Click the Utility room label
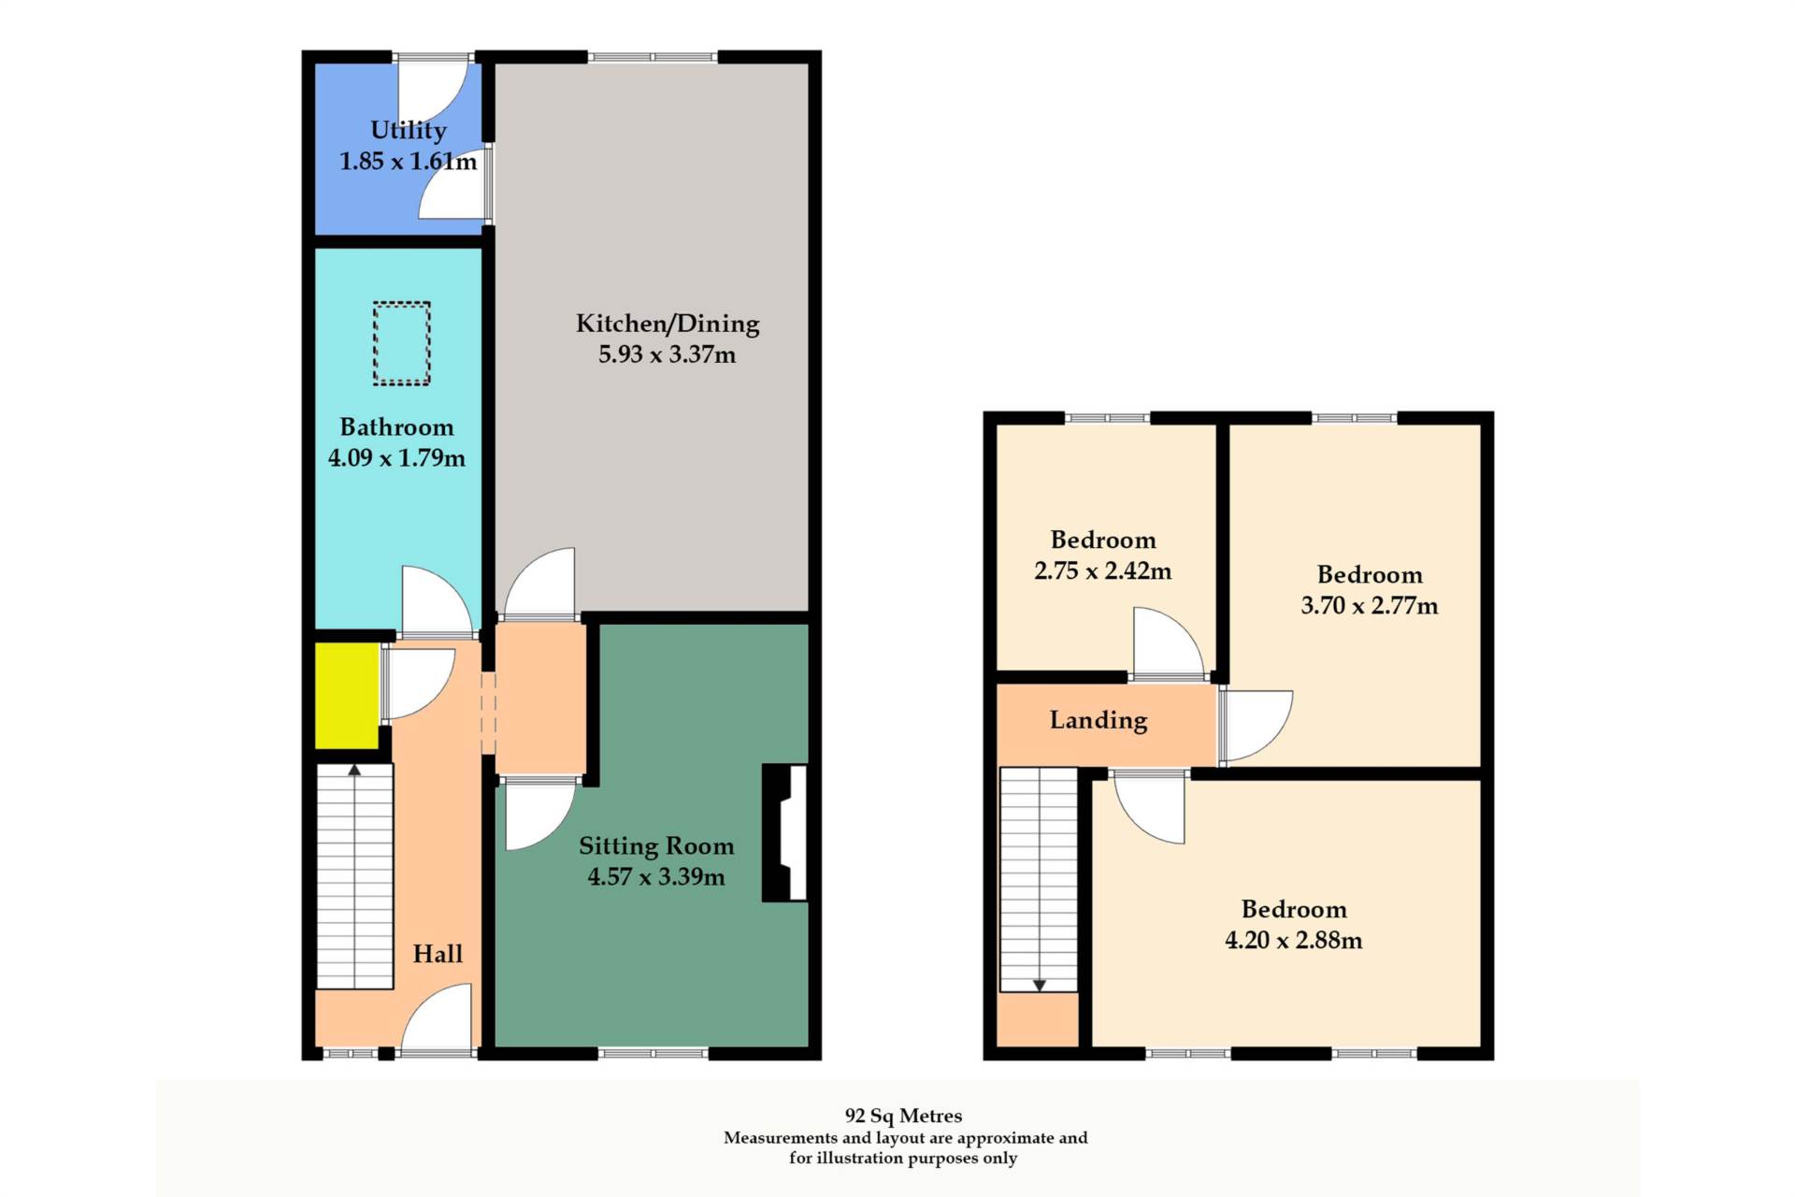click(408, 130)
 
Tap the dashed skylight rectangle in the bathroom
click(402, 343)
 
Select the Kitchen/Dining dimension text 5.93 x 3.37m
click(667, 354)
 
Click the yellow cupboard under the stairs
click(347, 696)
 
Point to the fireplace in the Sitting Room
click(785, 832)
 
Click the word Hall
click(438, 954)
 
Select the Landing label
click(1099, 720)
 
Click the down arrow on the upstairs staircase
click(1039, 985)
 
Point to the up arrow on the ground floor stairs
click(354, 771)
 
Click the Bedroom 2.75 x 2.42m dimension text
click(1102, 570)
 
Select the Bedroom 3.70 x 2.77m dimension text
click(1369, 605)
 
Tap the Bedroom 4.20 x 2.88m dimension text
click(1293, 940)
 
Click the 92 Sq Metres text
click(903, 1116)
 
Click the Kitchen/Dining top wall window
click(653, 58)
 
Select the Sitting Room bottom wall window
click(653, 1054)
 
